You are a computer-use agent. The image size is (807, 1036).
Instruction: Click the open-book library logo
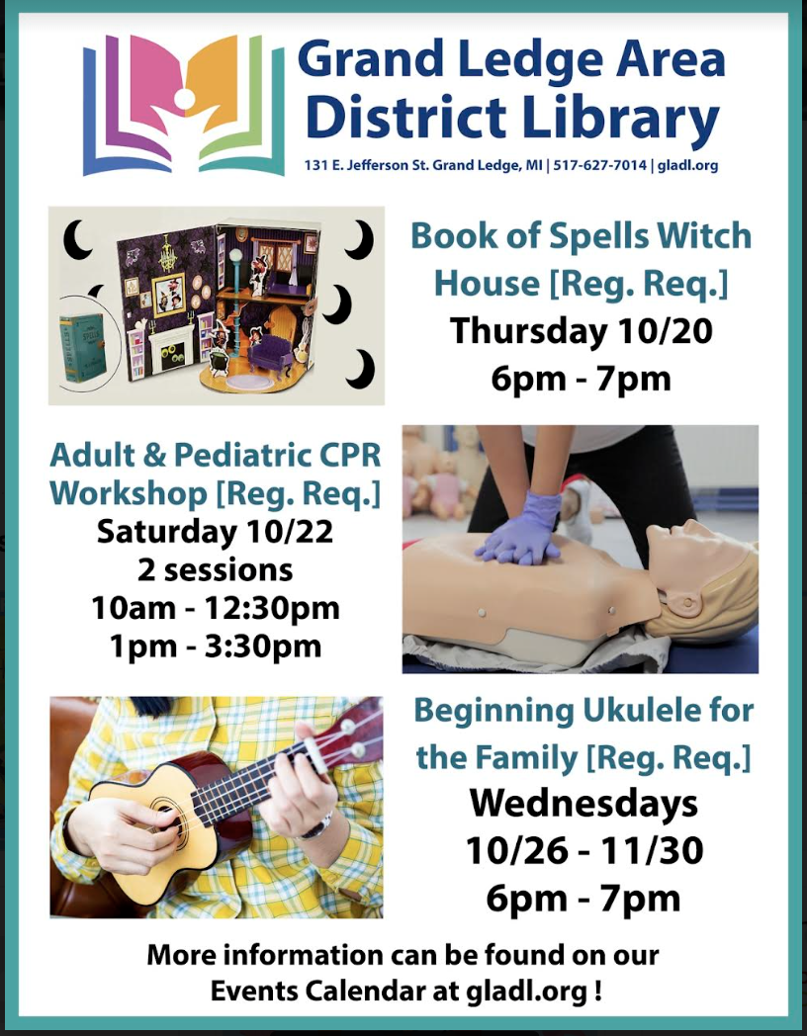184,105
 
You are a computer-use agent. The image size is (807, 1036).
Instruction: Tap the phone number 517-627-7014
600,165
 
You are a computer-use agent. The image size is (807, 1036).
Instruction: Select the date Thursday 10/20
581,330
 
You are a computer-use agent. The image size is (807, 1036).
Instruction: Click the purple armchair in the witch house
271,356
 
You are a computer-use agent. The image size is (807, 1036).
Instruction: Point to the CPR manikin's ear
687,601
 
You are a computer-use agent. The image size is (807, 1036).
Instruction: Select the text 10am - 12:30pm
216,609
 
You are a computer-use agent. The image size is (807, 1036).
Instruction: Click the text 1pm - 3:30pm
216,647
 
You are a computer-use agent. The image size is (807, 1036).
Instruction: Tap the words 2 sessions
216,570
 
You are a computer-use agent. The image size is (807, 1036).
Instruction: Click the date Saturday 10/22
216,532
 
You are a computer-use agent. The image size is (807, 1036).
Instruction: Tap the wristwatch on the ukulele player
315,826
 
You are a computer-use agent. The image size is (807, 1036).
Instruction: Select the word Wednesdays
584,804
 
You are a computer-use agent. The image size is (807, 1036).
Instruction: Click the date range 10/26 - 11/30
584,851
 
